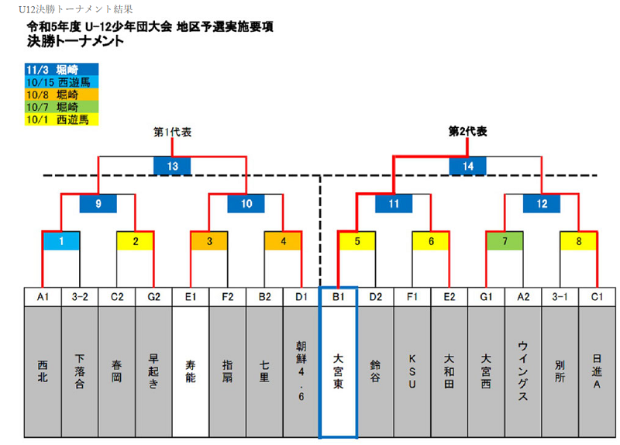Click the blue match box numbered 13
pyautogui.click(x=172, y=166)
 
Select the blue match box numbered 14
pyautogui.click(x=468, y=166)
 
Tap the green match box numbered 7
pyautogui.click(x=505, y=241)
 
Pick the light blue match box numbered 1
pyautogui.click(x=61, y=241)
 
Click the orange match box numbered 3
pyautogui.click(x=209, y=241)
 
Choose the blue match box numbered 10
pyautogui.click(x=246, y=203)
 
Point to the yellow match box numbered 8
pyautogui.click(x=578, y=241)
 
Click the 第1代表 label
pyautogui.click(x=172, y=132)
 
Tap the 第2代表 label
pyautogui.click(x=467, y=131)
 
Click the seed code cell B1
pyautogui.click(x=338, y=297)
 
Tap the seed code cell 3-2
pyautogui.click(x=80, y=297)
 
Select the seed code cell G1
pyautogui.click(x=486, y=297)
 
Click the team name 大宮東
pyautogui.click(x=338, y=371)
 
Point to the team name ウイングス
pyautogui.click(x=522, y=371)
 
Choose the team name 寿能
pyautogui.click(x=191, y=371)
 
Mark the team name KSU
pyautogui.click(x=412, y=371)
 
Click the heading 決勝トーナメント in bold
pyautogui.click(x=75, y=41)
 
